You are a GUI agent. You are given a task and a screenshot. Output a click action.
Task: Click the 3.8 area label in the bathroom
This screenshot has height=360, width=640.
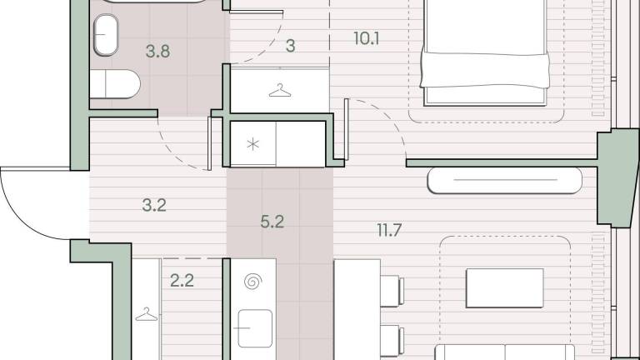pos(157,52)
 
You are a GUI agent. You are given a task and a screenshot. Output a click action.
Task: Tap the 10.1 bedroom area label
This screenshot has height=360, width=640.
pos(367,39)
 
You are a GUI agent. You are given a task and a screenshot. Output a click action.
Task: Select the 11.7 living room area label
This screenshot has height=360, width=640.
pos(389,231)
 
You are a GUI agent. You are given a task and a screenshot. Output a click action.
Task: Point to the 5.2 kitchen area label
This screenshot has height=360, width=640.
pos(272,222)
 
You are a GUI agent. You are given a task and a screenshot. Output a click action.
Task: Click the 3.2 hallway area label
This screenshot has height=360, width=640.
pos(154,205)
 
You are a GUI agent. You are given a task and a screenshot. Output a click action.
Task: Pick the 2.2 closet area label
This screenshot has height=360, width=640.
pos(182,281)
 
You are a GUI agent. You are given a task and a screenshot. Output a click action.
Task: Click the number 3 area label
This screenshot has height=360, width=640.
pos(290,46)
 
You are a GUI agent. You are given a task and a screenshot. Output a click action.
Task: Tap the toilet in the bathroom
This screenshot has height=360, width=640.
pos(115,84)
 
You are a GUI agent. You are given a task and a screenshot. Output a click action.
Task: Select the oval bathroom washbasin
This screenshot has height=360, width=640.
pos(106,35)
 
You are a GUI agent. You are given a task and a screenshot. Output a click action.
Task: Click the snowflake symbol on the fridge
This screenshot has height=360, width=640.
pos(253,144)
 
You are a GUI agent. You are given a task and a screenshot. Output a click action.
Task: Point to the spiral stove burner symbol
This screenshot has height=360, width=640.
pos(253,282)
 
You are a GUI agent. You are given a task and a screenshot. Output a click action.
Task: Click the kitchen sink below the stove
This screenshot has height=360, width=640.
pos(255,328)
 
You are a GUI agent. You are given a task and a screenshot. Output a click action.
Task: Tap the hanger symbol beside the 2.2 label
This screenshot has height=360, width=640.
pos(146,314)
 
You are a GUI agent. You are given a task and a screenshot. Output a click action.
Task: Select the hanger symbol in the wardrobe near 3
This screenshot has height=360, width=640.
pos(280,91)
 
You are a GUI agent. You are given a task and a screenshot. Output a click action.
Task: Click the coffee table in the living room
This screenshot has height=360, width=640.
pos(504,288)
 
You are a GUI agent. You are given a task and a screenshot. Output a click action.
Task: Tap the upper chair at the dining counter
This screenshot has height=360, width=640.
pos(392,291)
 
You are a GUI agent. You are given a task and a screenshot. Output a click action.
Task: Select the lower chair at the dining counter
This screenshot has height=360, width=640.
pos(392,340)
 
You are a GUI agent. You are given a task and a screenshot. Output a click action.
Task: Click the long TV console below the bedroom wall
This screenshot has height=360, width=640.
pos(504,180)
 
